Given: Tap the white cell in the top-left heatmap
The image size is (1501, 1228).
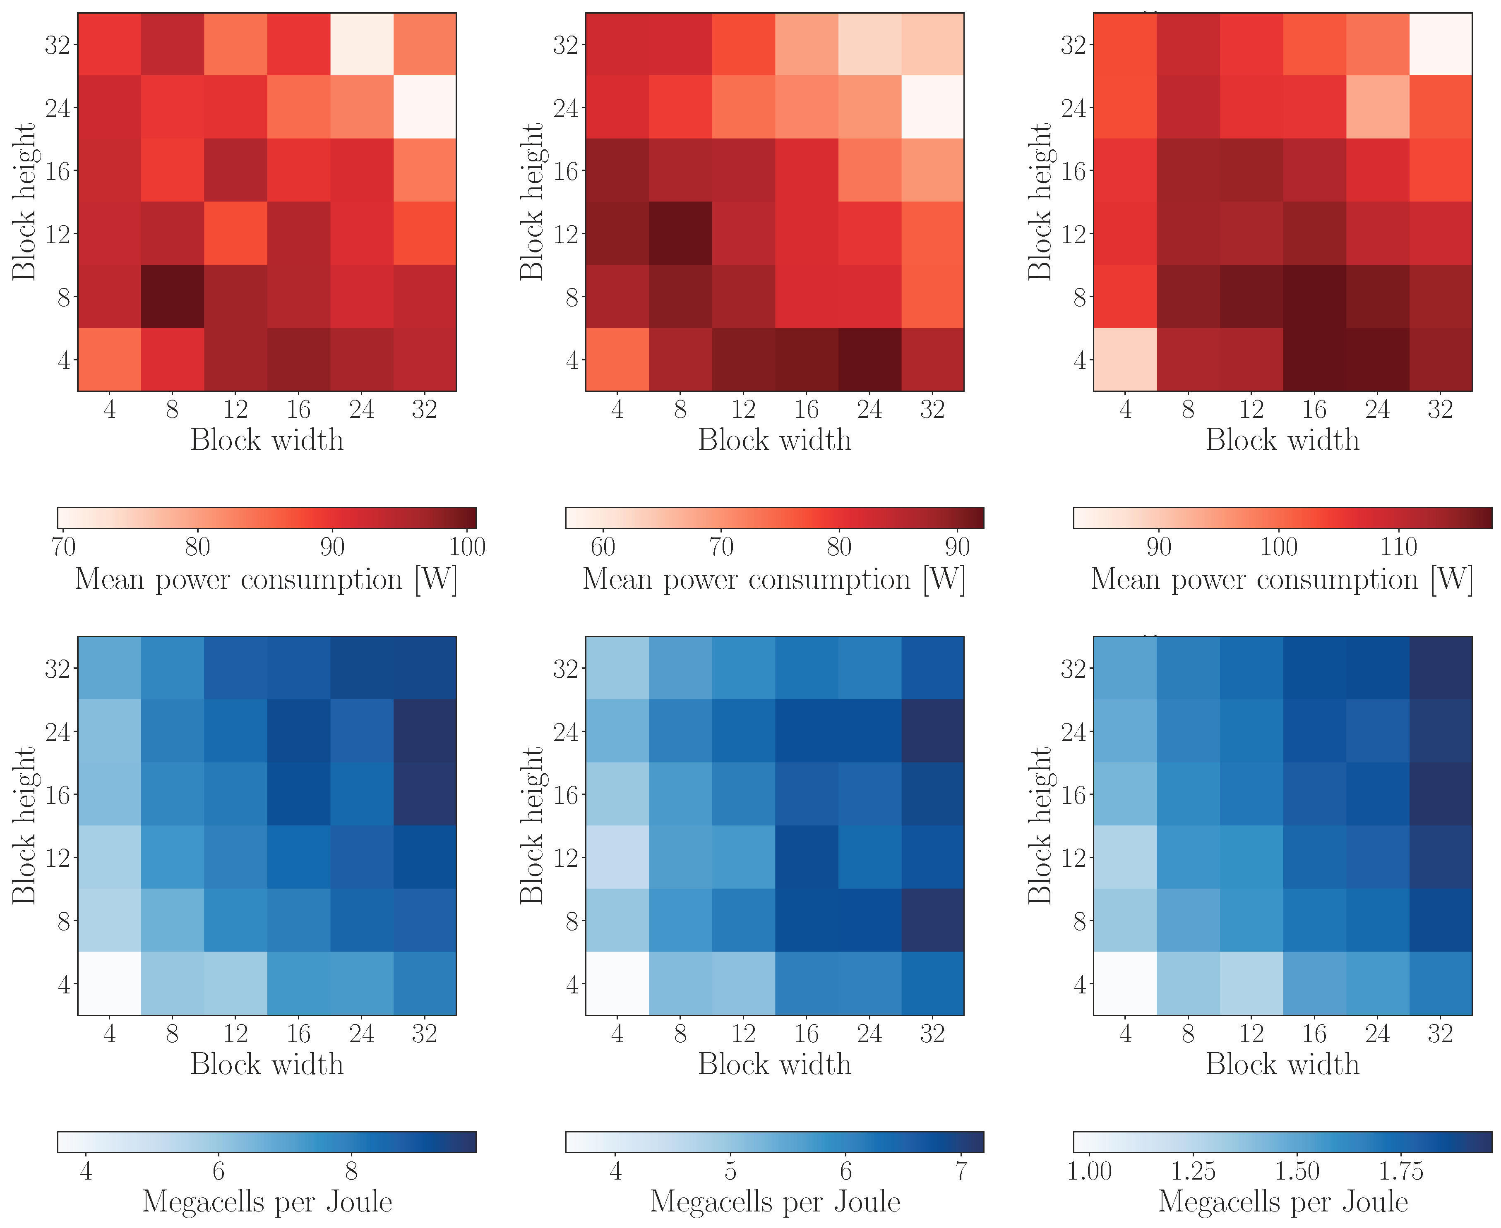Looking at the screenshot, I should click(x=425, y=107).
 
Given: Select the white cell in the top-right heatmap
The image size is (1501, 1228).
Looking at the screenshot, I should click(x=1440, y=44).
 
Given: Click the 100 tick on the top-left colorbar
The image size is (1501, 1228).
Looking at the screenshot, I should click(x=467, y=546).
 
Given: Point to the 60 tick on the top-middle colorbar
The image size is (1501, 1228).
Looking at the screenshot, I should click(x=603, y=546).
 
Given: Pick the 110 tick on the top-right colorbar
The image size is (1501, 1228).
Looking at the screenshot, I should click(x=1398, y=546).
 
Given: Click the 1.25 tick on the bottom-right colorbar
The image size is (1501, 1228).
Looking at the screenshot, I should click(x=1193, y=1171).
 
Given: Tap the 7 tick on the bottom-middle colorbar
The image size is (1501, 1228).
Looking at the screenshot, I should click(x=961, y=1171).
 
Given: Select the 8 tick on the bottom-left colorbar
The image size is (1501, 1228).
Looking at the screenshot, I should click(x=351, y=1171).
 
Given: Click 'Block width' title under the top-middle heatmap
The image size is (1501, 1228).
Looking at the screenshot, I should click(x=775, y=440).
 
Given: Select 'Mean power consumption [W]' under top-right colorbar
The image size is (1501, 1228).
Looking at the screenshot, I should click(x=1282, y=579).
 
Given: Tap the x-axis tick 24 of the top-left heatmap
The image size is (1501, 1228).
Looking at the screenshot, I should click(x=361, y=409).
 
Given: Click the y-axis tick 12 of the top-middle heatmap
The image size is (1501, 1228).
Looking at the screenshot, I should click(x=566, y=233).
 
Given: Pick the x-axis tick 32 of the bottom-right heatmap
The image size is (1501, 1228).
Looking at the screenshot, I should click(x=1440, y=1034).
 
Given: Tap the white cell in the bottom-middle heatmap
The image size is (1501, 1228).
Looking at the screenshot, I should click(x=617, y=983).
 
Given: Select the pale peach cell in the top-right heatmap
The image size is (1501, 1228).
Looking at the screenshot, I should click(x=1125, y=360).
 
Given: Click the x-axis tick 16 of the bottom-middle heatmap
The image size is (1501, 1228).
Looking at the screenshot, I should click(x=807, y=1034).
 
